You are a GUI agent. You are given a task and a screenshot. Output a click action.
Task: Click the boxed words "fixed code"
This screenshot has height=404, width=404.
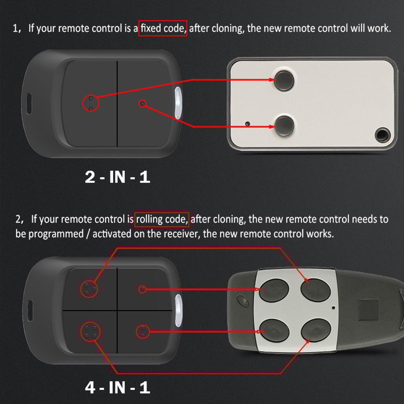click(163, 29)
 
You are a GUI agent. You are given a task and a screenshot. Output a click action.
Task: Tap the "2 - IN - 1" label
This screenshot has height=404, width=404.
click(117, 177)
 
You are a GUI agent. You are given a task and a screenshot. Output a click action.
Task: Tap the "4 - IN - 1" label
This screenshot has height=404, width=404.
click(117, 387)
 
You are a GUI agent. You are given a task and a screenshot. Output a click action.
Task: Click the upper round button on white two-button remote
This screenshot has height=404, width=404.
click(284, 80)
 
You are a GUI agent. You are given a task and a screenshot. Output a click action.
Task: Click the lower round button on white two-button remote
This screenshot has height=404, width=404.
click(284, 126)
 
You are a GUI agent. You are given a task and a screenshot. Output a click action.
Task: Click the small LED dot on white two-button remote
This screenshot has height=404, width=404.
click(248, 123)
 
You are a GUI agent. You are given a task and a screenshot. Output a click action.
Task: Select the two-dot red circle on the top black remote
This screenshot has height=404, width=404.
click(91, 103)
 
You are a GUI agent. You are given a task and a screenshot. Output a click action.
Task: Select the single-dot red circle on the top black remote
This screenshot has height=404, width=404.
click(142, 104)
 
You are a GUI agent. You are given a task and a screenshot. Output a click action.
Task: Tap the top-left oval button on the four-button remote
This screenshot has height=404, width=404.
click(274, 290)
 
